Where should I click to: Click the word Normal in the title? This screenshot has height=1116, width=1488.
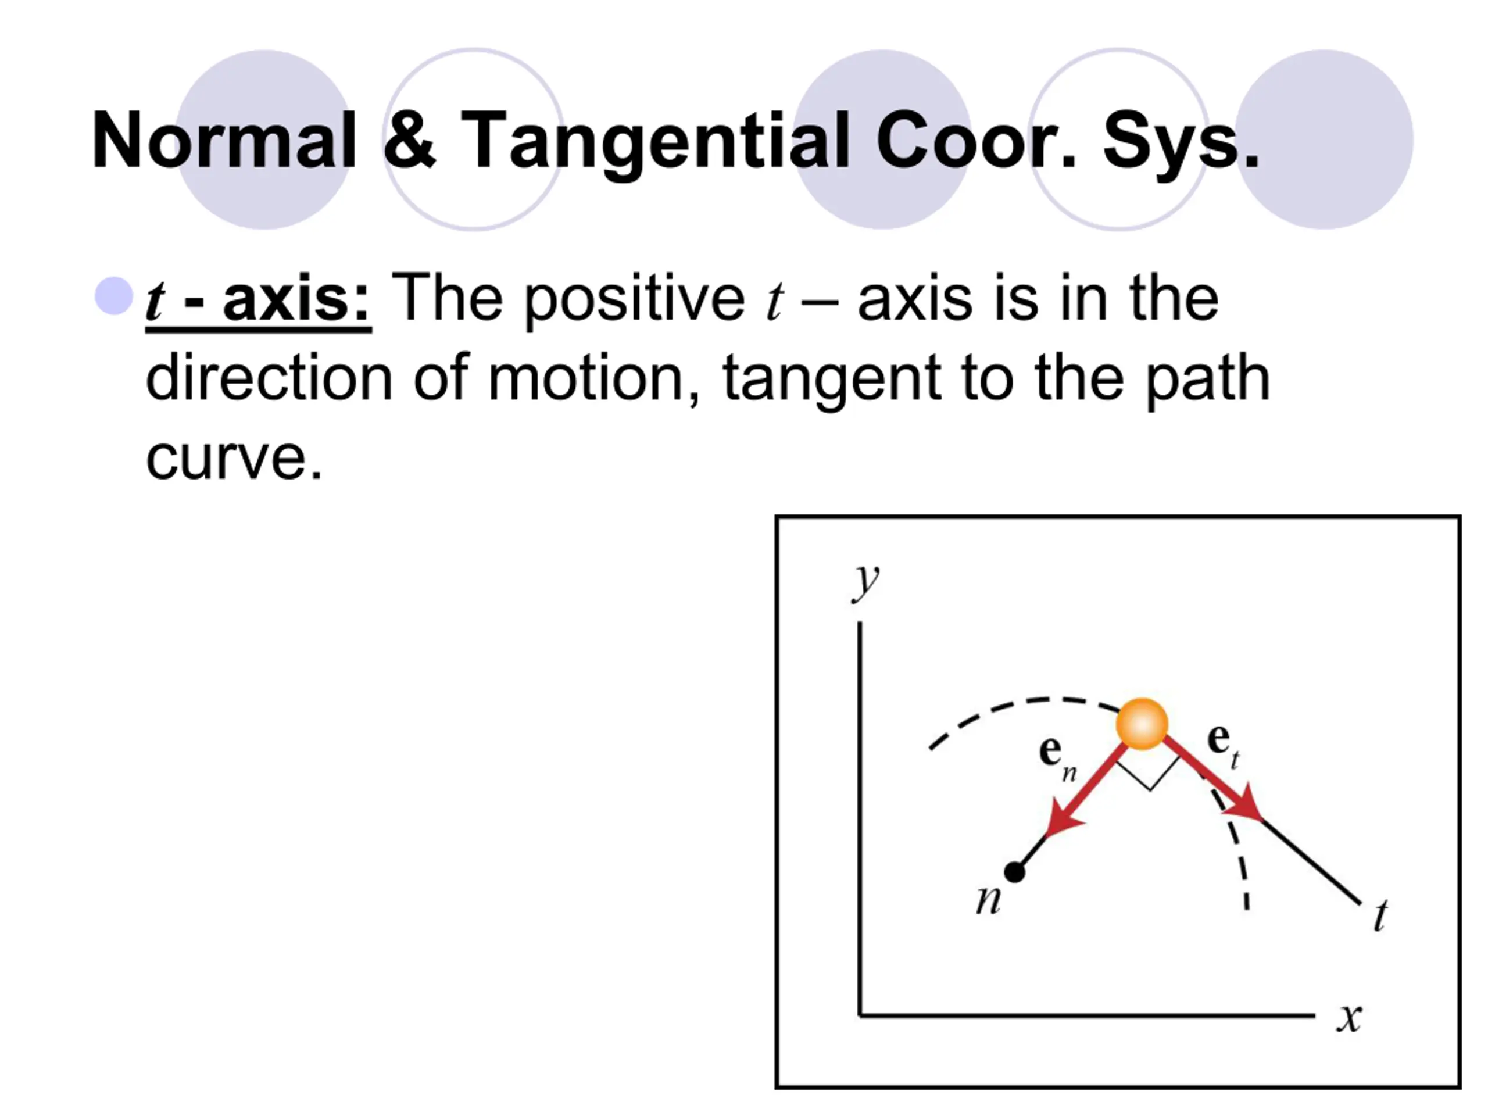point(223,140)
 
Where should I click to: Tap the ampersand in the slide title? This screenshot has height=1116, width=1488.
point(409,139)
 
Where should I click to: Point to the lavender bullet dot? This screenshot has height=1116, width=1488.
point(114,296)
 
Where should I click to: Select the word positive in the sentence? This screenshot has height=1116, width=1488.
point(634,301)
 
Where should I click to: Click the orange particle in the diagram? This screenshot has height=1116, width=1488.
point(1142,724)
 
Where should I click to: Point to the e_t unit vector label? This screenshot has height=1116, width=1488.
point(1222,744)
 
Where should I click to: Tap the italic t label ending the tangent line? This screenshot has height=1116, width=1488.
point(1380,915)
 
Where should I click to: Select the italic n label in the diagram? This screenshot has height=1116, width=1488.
point(988,899)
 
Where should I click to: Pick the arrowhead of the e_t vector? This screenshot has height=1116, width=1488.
point(1244,804)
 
